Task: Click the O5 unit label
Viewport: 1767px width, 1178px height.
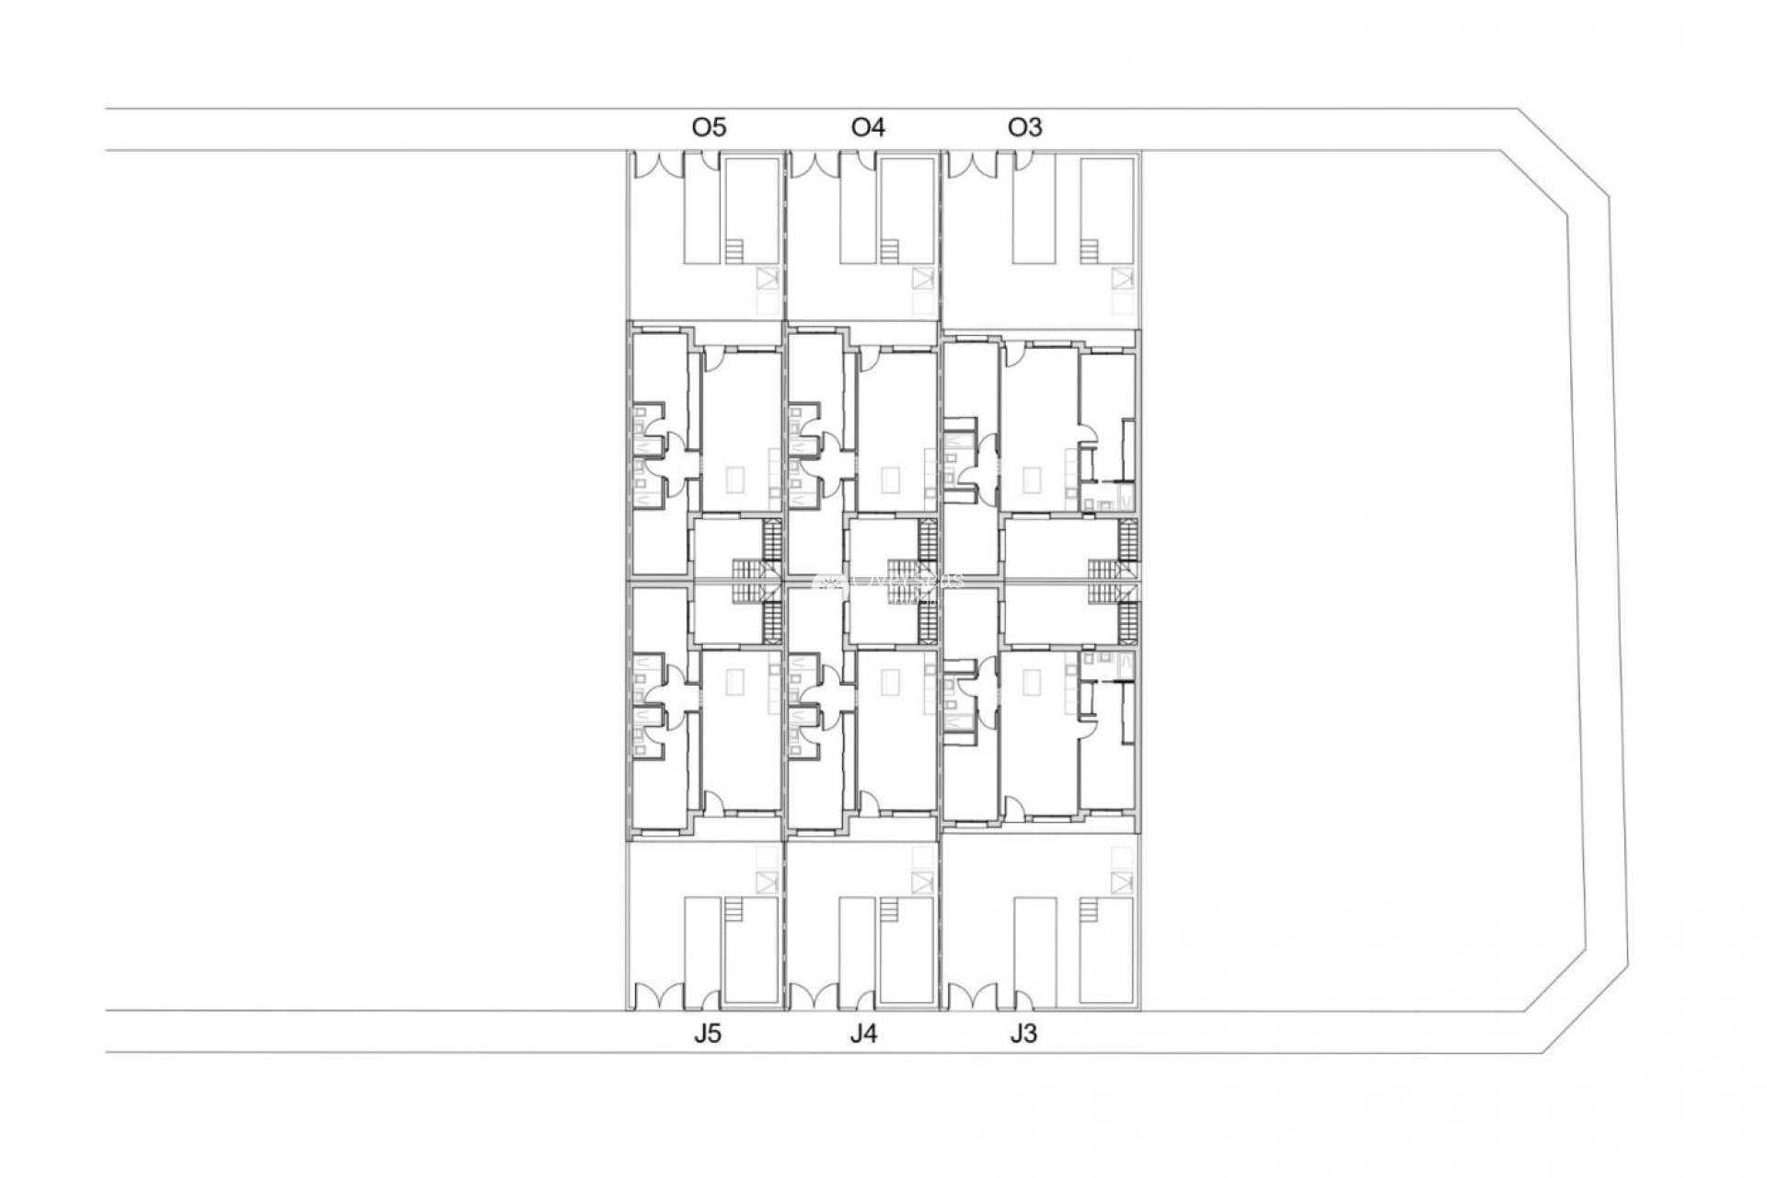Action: [x=709, y=127]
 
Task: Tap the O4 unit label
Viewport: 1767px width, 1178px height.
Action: [x=868, y=127]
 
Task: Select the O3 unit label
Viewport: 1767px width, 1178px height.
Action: [x=1025, y=127]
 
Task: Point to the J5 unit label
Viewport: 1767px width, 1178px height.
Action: [x=708, y=1034]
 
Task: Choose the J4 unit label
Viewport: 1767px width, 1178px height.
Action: [x=863, y=1034]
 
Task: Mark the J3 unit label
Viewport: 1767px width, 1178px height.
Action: [x=1022, y=1034]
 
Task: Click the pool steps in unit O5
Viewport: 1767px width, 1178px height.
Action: [x=733, y=251]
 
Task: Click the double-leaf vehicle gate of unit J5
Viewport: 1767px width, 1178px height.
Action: [x=654, y=998]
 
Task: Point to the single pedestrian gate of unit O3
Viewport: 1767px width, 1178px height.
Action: [x=1022, y=161]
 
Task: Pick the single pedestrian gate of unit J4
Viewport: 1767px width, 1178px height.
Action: [x=865, y=1000]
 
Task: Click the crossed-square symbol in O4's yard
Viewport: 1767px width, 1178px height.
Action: [x=922, y=278]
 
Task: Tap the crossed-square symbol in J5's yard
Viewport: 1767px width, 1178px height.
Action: [x=766, y=883]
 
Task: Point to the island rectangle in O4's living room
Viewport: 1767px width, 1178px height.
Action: [x=891, y=479]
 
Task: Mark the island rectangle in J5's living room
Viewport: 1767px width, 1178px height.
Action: [x=735, y=682]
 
